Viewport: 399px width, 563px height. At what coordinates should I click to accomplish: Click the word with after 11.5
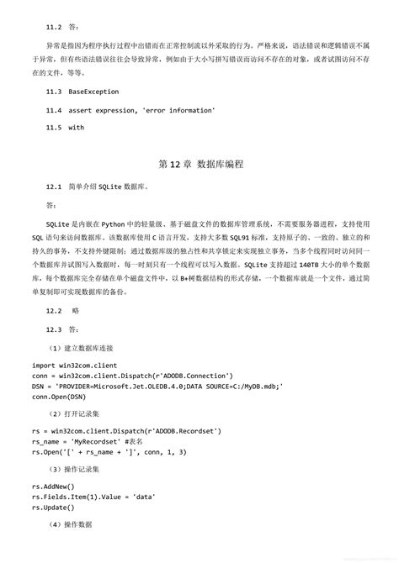coord(77,129)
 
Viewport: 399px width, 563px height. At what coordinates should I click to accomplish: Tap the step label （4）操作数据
coord(71,525)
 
